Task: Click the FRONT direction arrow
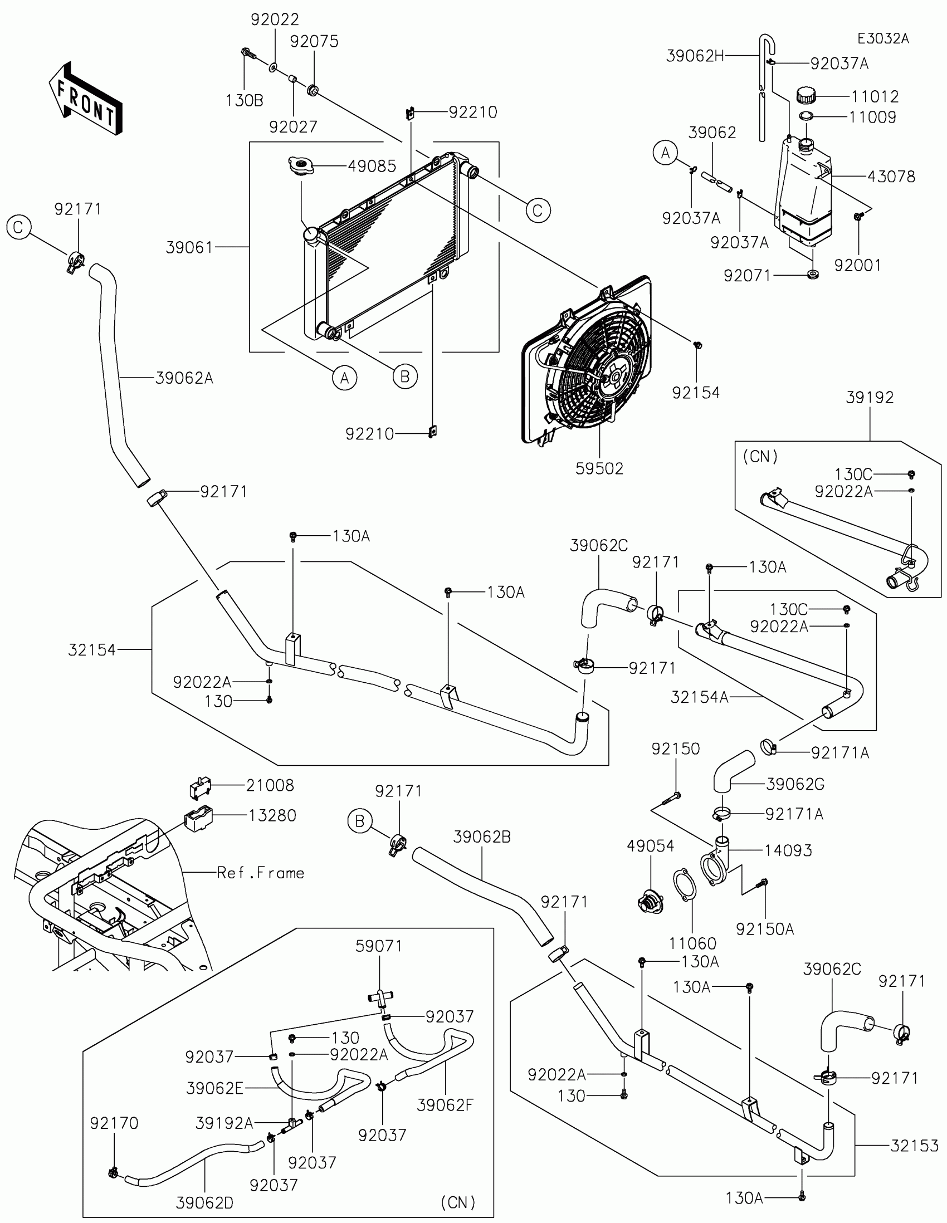[x=85, y=99]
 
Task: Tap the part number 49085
[x=372, y=167]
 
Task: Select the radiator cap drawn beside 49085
[x=301, y=166]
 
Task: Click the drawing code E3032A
[x=883, y=38]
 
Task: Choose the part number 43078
[x=891, y=177]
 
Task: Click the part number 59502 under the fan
[x=599, y=468]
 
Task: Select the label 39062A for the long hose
[x=184, y=379]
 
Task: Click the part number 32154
[x=92, y=649]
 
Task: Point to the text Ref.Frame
[x=260, y=873]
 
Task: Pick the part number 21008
[x=270, y=785]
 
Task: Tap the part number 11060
[x=693, y=943]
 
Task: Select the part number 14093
[x=788, y=850]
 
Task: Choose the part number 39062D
[x=204, y=1202]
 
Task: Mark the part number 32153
[x=915, y=1146]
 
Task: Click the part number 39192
[x=870, y=397]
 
